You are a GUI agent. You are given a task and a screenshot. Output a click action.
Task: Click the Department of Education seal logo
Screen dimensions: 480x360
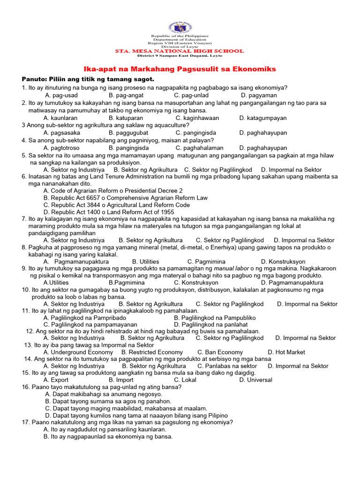coord(180,27)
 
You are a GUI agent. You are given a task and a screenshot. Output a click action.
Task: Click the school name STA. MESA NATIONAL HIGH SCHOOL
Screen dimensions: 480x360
coord(180,51)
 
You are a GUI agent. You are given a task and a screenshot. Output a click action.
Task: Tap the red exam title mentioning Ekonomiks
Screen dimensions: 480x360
coord(180,69)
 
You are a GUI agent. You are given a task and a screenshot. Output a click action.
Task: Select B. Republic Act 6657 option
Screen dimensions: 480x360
coord(125,198)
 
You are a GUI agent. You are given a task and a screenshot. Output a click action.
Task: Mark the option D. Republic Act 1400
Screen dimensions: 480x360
coord(109,212)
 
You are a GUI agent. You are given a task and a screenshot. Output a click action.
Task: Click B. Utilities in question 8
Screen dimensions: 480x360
coord(145,261)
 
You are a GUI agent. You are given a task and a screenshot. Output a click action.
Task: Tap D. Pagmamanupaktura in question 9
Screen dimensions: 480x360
coord(292,283)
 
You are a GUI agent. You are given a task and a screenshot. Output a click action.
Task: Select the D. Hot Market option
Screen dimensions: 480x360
coord(286,352)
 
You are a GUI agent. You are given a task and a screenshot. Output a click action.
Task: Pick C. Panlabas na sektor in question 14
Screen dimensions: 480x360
coord(227,366)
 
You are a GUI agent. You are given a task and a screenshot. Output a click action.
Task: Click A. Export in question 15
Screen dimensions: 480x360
coord(56,380)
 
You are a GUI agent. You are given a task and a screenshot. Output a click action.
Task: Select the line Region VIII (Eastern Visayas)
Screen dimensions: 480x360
coord(180,43)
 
